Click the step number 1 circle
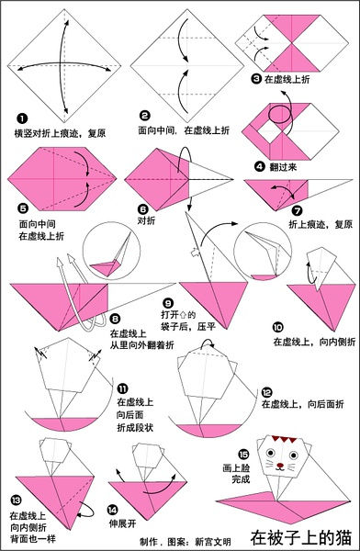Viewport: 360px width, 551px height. coord(20,118)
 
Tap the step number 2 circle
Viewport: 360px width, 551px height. coord(144,117)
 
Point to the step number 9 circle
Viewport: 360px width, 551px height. coord(168,302)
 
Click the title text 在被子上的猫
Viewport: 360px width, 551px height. coord(304,534)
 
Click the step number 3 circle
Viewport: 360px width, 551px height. coord(255,80)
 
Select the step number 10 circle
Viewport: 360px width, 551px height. coord(278,325)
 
